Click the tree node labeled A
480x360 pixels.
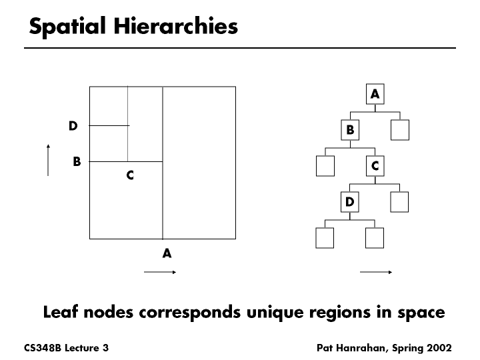tap(375, 95)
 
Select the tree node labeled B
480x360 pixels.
tap(350, 130)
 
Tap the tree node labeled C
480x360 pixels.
tap(375, 166)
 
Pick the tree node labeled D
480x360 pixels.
tap(350, 201)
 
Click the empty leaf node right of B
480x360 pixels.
tap(399, 130)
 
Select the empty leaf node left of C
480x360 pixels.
tap(325, 166)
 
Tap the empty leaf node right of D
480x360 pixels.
tap(399, 201)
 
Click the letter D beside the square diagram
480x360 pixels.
tap(73, 125)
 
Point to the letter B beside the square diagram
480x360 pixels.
tap(77, 161)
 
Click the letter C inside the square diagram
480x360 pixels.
tap(130, 175)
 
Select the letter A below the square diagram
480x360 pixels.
tap(167, 253)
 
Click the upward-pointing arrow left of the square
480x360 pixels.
tap(49, 160)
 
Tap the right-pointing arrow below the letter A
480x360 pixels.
tap(160, 272)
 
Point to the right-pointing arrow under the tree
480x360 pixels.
tap(375, 272)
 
